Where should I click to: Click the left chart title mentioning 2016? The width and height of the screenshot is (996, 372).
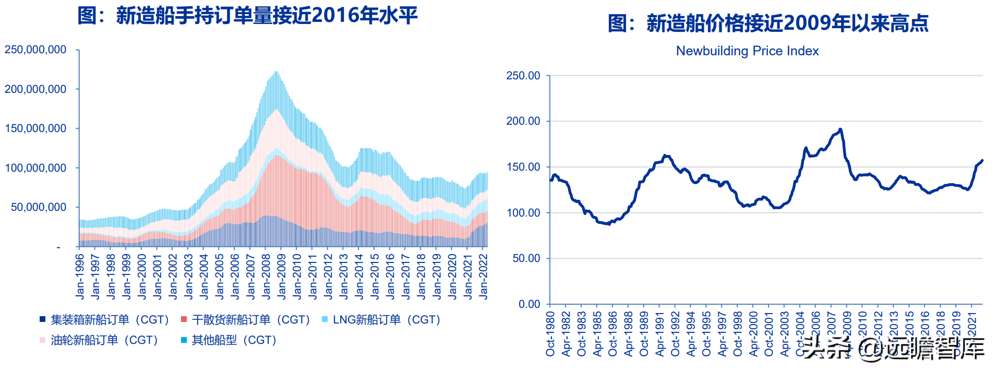pyautogui.click(x=247, y=16)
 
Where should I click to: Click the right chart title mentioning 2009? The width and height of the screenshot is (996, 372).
pyautogui.click(x=767, y=23)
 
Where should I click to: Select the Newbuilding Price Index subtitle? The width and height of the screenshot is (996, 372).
pyautogui.click(x=747, y=51)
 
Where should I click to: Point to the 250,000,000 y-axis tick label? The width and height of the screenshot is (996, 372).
pyautogui.click(x=35, y=50)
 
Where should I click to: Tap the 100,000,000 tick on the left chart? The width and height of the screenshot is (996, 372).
pyautogui.click(x=35, y=168)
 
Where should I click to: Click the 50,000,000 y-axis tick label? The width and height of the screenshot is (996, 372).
pyautogui.click(x=39, y=207)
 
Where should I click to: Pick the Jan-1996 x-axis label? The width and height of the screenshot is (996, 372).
pyautogui.click(x=80, y=277)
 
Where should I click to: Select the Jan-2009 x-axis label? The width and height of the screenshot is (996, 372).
pyautogui.click(x=281, y=277)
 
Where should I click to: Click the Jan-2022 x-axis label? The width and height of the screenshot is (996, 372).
pyautogui.click(x=483, y=277)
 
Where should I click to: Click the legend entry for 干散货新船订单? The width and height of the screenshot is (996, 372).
pyautogui.click(x=245, y=320)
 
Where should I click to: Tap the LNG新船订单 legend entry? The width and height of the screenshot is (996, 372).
pyautogui.click(x=381, y=320)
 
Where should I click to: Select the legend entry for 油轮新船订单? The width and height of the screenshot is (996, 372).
pyautogui.click(x=99, y=340)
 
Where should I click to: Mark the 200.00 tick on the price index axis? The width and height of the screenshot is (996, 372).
pyautogui.click(x=523, y=121)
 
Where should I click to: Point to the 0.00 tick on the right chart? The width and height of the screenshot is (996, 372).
pyautogui.click(x=529, y=304)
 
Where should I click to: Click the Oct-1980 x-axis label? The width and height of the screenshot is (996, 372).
pyautogui.click(x=550, y=334)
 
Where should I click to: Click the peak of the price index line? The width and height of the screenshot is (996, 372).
pyautogui.click(x=840, y=129)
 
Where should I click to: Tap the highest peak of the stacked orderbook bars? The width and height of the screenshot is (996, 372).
pyautogui.click(x=276, y=73)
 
